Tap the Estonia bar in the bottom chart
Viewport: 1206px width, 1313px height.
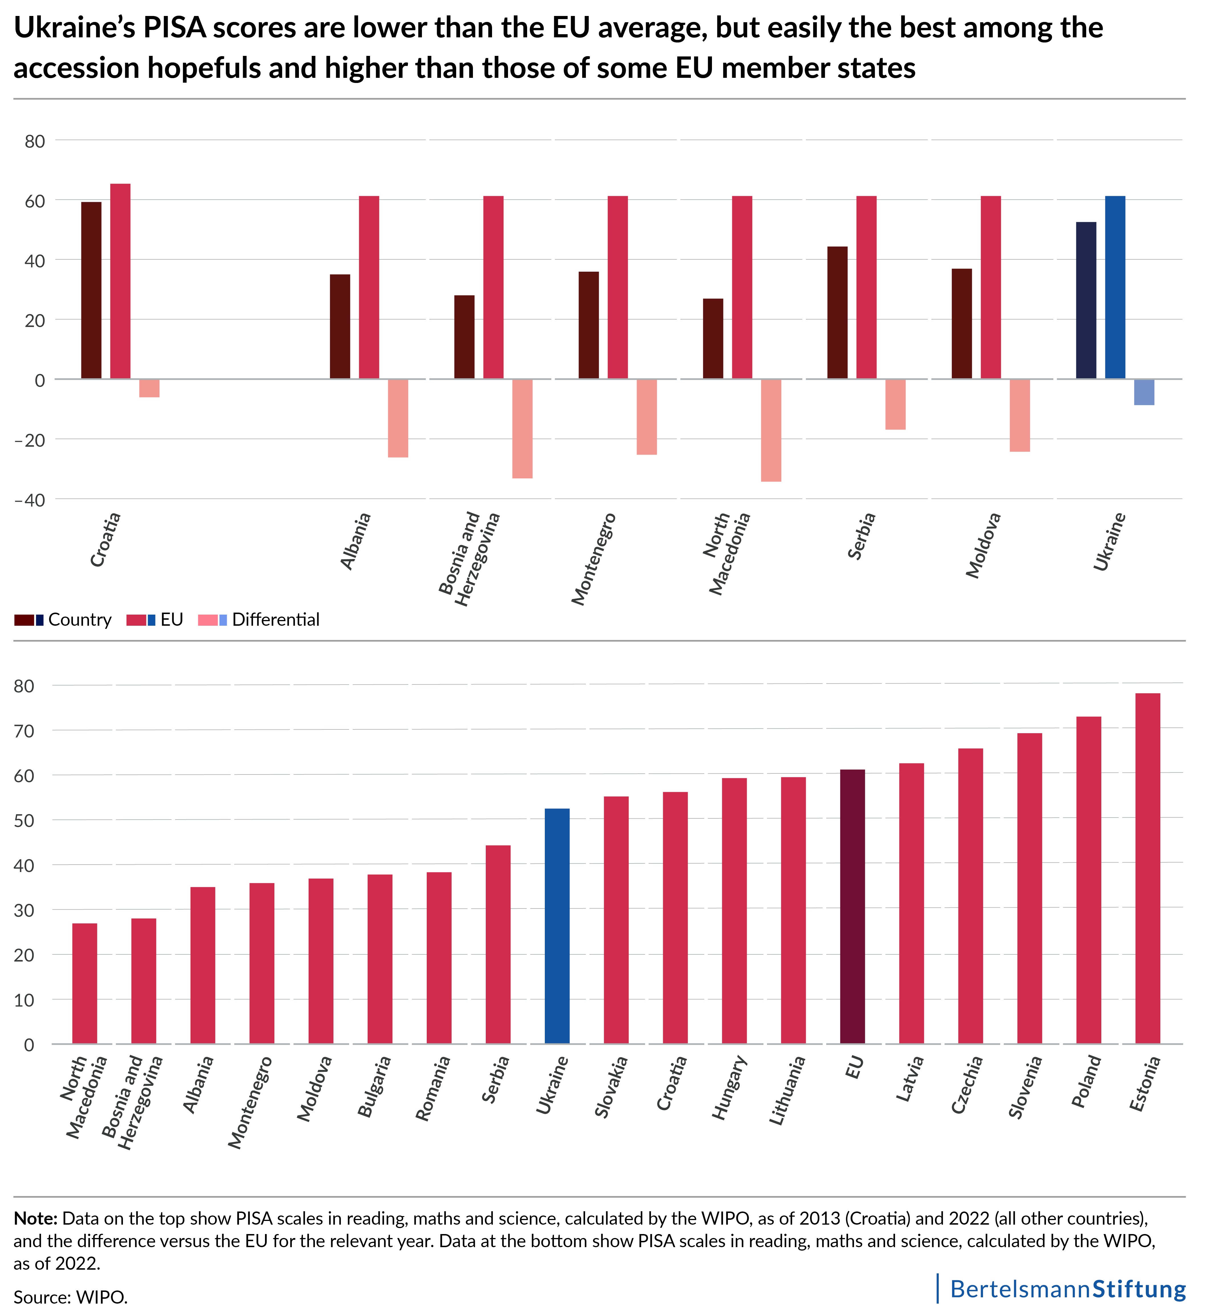[x=1147, y=868]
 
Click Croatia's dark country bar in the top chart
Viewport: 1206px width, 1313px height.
[x=91, y=290]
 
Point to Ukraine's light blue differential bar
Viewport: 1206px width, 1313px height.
[x=1144, y=392]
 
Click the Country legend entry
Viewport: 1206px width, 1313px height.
[x=63, y=620]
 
